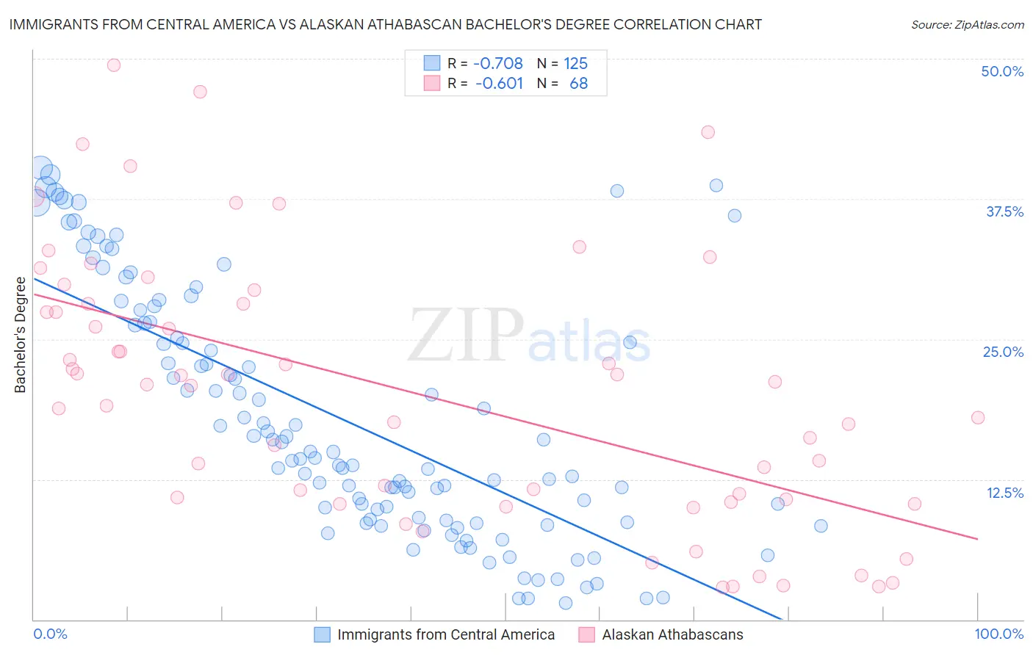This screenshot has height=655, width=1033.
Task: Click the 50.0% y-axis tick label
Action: [1002, 71]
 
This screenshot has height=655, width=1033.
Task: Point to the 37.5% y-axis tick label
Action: [1004, 211]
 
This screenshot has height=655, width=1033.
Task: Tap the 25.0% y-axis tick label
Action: [1003, 352]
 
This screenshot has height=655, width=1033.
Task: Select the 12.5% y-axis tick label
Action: [1004, 492]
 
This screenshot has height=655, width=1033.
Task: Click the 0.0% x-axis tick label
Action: [50, 634]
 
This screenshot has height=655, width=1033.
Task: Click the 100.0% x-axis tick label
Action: [998, 634]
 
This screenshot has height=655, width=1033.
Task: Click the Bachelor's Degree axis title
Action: [20, 334]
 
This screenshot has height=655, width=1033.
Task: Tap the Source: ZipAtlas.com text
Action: [967, 24]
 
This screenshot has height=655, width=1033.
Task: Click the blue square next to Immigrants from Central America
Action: [322, 634]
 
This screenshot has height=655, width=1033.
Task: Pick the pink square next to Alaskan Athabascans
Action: [586, 634]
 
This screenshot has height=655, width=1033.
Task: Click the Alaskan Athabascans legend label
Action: [672, 634]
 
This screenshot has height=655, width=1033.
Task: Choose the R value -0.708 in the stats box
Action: [498, 63]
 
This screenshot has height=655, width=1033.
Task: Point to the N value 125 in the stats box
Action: [575, 63]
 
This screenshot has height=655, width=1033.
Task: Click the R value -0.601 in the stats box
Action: [499, 83]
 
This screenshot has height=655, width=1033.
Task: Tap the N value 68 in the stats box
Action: [578, 83]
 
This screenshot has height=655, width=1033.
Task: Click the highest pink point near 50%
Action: [113, 65]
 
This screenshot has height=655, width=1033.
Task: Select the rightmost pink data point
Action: [978, 417]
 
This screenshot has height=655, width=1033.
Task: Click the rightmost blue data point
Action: [821, 526]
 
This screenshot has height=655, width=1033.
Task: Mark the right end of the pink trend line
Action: [978, 539]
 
